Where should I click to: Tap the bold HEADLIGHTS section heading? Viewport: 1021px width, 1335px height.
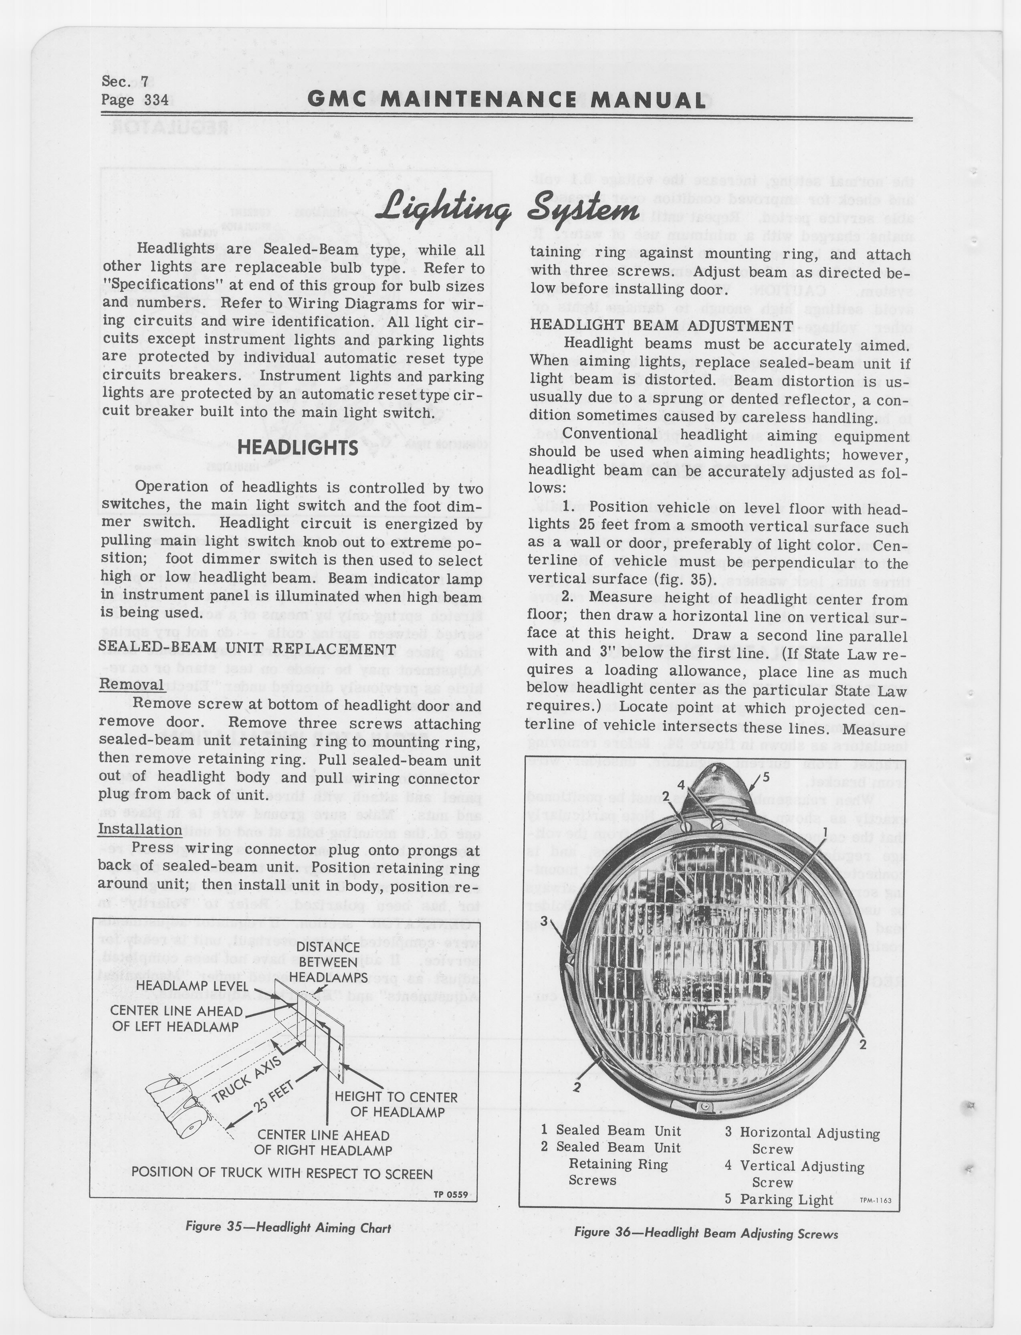(x=297, y=448)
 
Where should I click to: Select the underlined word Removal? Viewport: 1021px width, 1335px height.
(x=131, y=685)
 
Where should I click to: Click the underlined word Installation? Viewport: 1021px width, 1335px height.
(x=140, y=830)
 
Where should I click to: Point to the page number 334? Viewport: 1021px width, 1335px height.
(x=156, y=100)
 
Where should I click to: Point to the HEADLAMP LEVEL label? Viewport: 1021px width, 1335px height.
(x=192, y=986)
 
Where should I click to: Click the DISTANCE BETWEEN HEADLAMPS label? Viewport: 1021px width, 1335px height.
(x=328, y=962)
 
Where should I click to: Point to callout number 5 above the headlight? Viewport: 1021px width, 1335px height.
(x=766, y=777)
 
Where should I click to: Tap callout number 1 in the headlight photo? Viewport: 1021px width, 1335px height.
(x=825, y=832)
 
